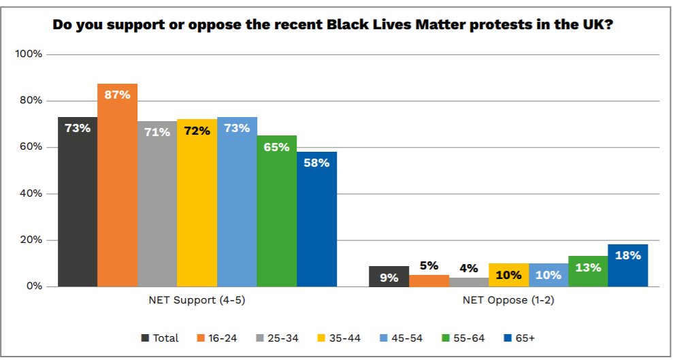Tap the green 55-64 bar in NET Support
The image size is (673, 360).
tap(276, 218)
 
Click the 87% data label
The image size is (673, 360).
tap(117, 95)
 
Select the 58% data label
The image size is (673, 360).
tap(316, 163)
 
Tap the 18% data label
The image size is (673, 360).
tap(627, 255)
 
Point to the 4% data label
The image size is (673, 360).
tap(468, 267)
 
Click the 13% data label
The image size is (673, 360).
tap(588, 267)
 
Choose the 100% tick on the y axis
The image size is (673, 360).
tap(29, 54)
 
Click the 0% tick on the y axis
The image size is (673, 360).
tap(35, 287)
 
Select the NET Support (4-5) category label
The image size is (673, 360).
tap(197, 300)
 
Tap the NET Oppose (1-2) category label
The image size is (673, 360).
tap(508, 300)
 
